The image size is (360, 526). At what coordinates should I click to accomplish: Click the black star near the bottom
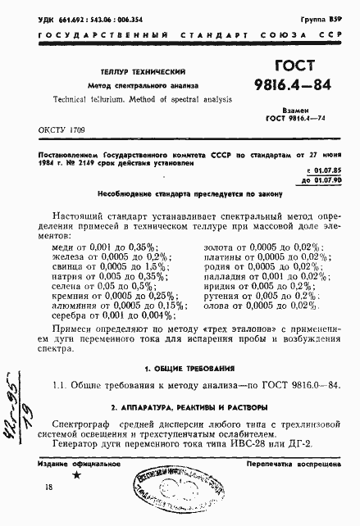(77, 475)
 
